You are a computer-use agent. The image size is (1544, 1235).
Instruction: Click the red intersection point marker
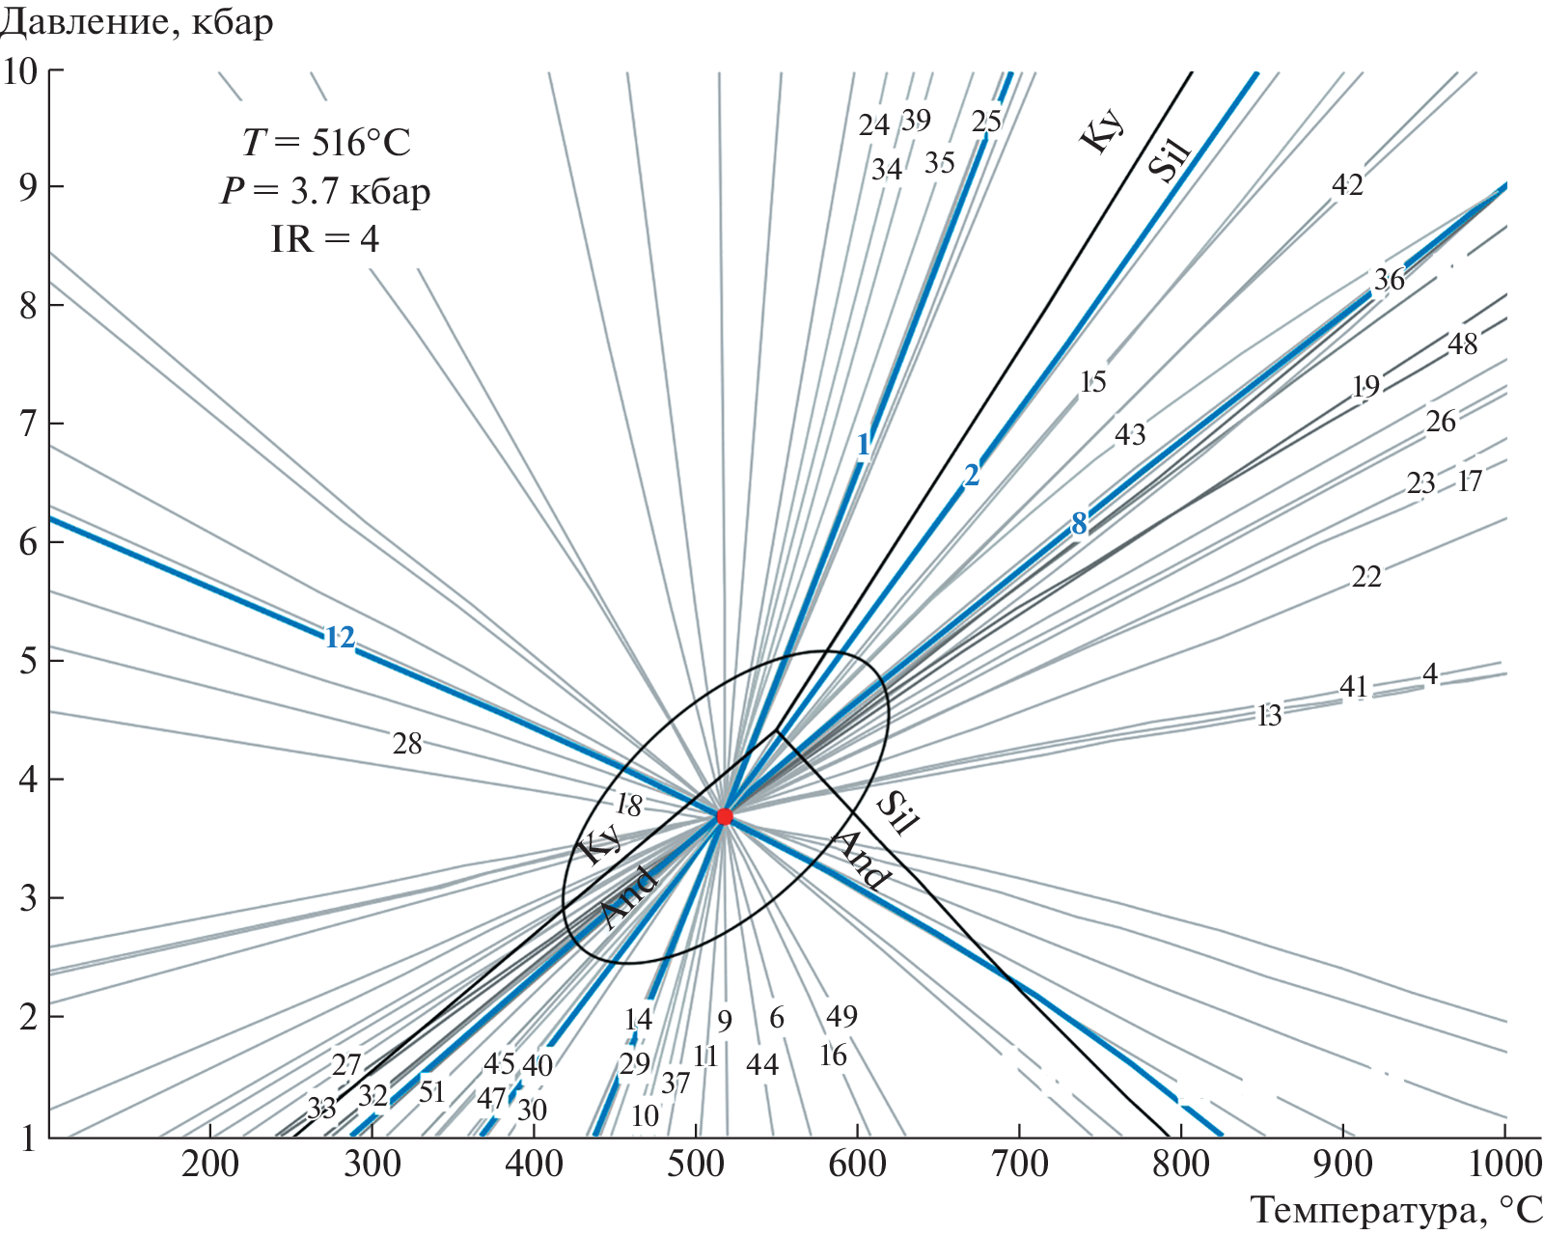pyautogui.click(x=725, y=816)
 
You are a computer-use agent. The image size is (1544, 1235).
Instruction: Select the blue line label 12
pyautogui.click(x=340, y=638)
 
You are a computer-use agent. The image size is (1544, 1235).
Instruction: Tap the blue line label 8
pyautogui.click(x=1079, y=523)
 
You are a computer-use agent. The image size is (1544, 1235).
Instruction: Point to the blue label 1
pyautogui.click(x=864, y=445)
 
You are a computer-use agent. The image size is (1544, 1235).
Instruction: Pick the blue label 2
pyautogui.click(x=972, y=475)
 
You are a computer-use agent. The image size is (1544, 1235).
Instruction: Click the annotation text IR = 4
pyautogui.click(x=325, y=238)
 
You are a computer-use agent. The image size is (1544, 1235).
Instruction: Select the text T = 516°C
pyautogui.click(x=326, y=143)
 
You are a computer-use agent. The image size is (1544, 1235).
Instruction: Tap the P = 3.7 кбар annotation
pyautogui.click(x=325, y=191)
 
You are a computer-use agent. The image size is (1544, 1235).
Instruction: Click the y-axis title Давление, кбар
pyautogui.click(x=137, y=21)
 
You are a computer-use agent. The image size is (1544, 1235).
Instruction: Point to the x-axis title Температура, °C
pyautogui.click(x=1396, y=1210)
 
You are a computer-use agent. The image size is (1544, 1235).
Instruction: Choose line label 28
pyautogui.click(x=407, y=743)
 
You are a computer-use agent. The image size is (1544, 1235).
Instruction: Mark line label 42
pyautogui.click(x=1347, y=184)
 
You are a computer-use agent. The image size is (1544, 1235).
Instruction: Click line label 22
pyautogui.click(x=1366, y=577)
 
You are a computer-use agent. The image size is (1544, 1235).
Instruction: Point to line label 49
pyautogui.click(x=841, y=1016)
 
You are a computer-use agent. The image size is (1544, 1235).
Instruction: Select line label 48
pyautogui.click(x=1462, y=343)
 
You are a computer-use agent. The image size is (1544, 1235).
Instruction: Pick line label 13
pyautogui.click(x=1269, y=715)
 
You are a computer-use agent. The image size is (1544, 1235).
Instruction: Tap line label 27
pyautogui.click(x=346, y=1064)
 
